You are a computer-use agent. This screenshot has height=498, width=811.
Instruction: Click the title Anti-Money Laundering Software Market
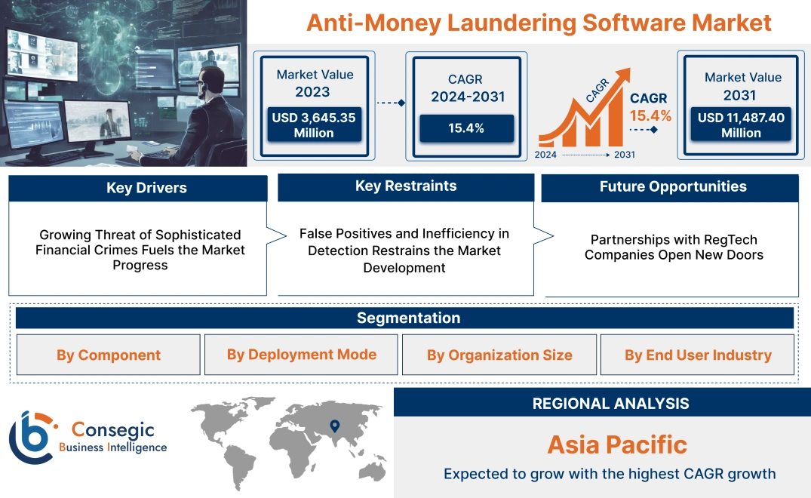(539, 23)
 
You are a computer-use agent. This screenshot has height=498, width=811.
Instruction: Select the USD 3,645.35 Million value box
(314, 125)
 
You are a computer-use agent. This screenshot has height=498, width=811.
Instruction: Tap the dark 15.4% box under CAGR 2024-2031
(466, 128)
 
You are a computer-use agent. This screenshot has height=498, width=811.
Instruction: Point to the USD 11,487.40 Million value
(741, 125)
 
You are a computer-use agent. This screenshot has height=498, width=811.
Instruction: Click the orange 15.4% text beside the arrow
(650, 115)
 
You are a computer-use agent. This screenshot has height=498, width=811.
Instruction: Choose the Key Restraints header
(406, 186)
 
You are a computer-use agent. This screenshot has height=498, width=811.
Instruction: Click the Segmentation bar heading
(408, 318)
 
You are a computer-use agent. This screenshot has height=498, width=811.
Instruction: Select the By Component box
(109, 355)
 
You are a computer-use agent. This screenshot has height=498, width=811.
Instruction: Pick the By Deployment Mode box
(302, 355)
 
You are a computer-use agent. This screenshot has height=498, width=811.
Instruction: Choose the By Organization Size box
(499, 355)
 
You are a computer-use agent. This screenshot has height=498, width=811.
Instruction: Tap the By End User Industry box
(698, 355)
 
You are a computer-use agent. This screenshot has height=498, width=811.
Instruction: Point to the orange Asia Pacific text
(617, 444)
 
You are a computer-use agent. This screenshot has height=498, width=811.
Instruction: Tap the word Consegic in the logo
(113, 430)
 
